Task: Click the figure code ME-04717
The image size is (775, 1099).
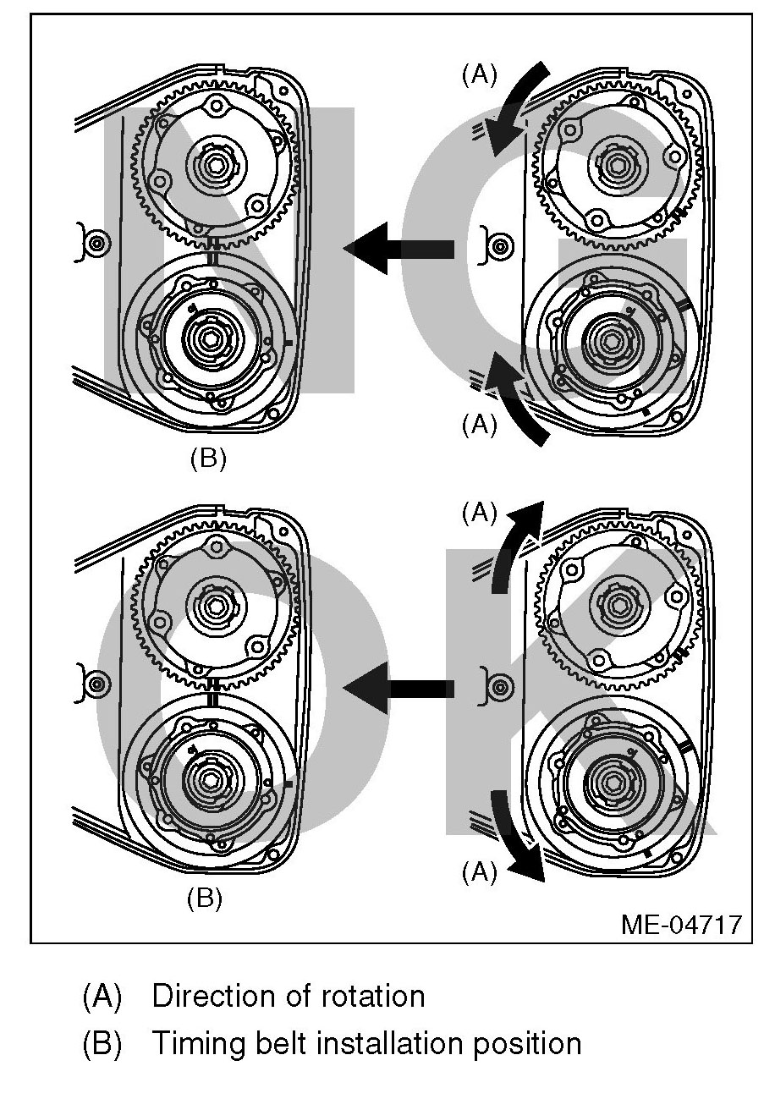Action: click(681, 922)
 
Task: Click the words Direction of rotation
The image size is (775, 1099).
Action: click(288, 996)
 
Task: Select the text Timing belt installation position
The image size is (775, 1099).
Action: click(366, 1043)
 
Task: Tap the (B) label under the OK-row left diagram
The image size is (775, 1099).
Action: click(204, 898)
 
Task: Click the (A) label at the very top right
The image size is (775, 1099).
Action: click(479, 74)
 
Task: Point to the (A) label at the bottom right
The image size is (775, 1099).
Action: click(479, 871)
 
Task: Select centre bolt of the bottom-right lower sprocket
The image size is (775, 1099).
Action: click(611, 780)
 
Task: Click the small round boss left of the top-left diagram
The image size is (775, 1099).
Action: click(96, 244)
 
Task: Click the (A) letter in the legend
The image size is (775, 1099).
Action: click(102, 996)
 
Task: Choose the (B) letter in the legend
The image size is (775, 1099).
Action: click(102, 1043)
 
